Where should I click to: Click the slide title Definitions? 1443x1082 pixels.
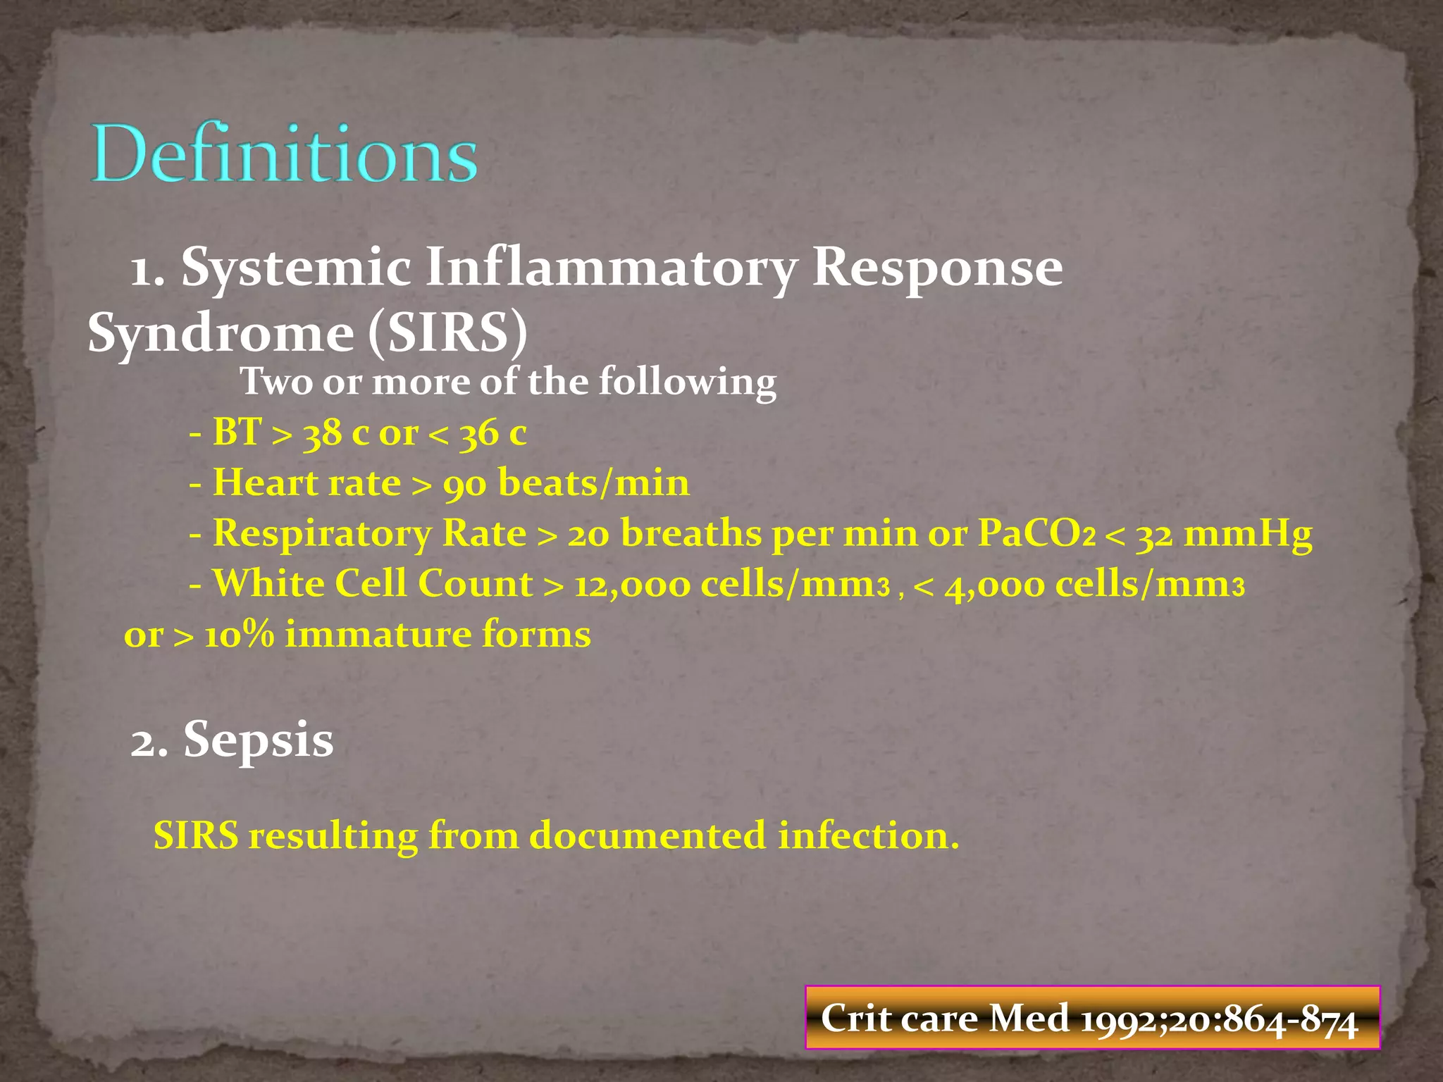point(284,154)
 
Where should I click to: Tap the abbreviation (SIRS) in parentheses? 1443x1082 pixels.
point(447,332)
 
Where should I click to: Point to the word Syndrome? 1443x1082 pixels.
point(220,334)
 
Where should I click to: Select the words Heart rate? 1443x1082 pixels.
point(306,484)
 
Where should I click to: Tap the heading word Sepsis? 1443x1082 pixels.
point(258,740)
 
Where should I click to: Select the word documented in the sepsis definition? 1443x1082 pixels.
point(647,836)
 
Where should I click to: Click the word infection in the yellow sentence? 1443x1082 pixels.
point(868,836)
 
